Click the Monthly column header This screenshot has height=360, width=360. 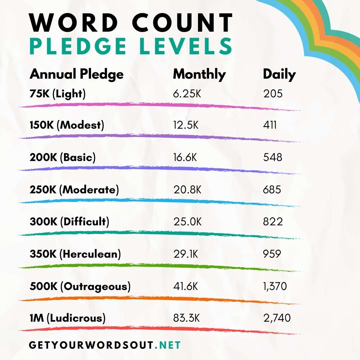tap(199, 74)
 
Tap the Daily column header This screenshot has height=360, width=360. tap(279, 74)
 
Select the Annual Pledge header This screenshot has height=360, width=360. tap(77, 74)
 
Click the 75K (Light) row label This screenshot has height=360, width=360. tap(58, 94)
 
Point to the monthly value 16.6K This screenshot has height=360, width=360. tap(185, 157)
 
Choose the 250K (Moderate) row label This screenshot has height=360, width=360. tap(74, 190)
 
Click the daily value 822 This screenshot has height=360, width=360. tap(273, 222)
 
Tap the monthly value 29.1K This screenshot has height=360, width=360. tap(186, 254)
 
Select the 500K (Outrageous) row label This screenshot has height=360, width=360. tap(80, 286)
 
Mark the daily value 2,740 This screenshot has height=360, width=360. tap(277, 318)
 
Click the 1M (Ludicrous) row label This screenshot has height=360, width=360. tap(68, 318)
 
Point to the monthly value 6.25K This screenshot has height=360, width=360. tap(187, 94)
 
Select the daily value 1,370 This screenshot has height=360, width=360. tap(275, 286)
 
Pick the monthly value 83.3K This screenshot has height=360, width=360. tap(186, 318)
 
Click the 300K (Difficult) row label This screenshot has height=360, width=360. tap(69, 222)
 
